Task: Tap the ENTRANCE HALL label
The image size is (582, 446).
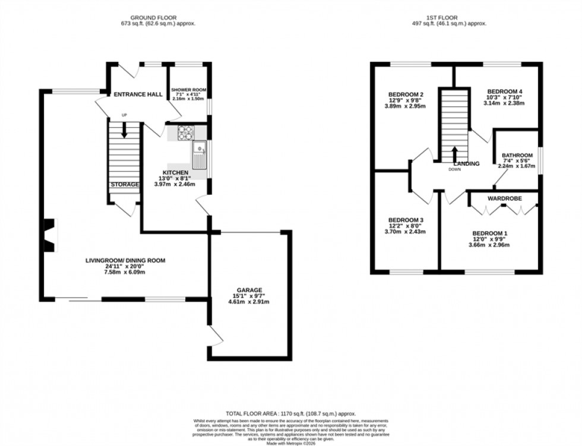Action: (138, 94)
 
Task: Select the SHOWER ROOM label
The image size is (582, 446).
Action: (187, 90)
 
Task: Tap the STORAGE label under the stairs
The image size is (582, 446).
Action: (125, 185)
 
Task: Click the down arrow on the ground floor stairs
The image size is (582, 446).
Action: (124, 130)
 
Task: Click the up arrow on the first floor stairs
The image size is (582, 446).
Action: (454, 153)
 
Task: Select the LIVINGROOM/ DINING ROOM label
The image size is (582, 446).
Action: (125, 260)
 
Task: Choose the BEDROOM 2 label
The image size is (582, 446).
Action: (406, 94)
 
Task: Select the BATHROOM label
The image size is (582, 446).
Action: (517, 155)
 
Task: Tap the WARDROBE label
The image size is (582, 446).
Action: (504, 198)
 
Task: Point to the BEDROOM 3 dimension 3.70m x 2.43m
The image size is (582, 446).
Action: (406, 232)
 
